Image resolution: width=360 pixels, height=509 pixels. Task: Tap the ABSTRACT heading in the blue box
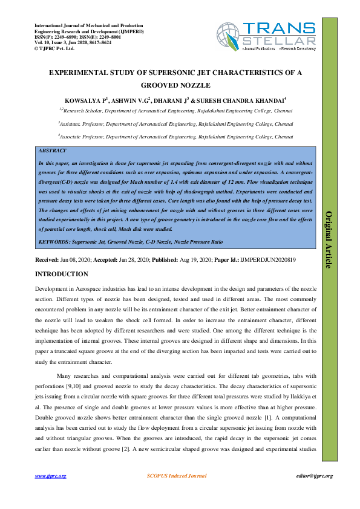(x=52, y=150)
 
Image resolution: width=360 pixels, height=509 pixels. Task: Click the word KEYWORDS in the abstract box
(x=53, y=241)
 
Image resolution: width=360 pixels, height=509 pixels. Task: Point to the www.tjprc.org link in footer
(x=51, y=476)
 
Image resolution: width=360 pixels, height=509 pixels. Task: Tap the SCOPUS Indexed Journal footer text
(x=177, y=476)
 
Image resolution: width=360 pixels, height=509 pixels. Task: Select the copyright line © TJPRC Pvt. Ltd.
(x=54, y=48)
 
